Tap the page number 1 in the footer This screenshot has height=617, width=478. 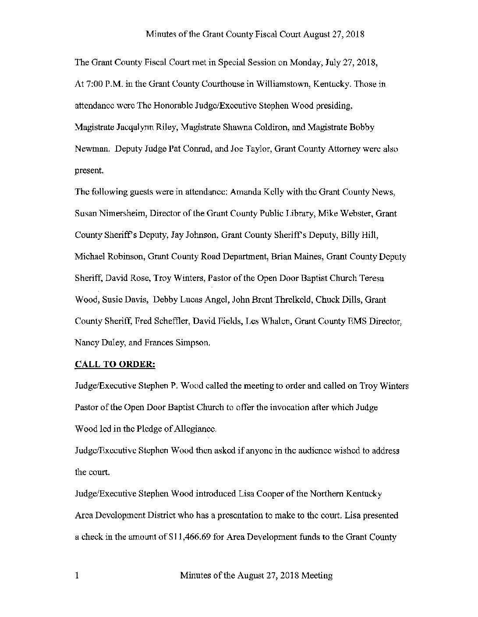point(77,576)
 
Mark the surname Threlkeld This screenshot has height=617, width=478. point(280,300)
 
